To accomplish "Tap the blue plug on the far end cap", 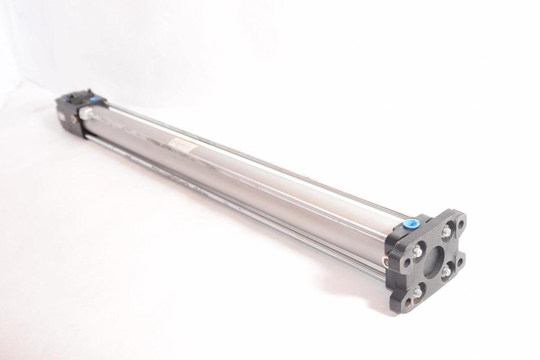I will click(94, 99).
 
